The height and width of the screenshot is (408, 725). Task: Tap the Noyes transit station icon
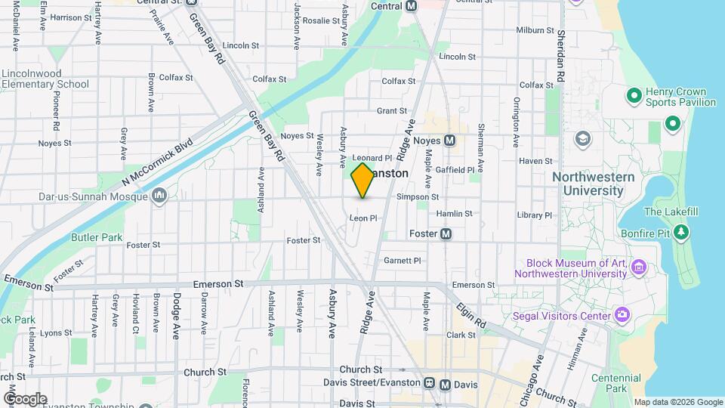pos(449,140)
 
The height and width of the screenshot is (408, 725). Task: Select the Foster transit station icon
pos(446,233)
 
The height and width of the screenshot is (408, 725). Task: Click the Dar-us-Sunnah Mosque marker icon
pos(159,197)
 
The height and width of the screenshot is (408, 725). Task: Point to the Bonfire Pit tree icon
pos(682,231)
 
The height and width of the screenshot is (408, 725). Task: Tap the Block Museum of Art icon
pos(639,267)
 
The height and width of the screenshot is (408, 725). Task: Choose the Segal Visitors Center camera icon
pos(622,314)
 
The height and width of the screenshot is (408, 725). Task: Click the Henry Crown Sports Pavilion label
pos(680,97)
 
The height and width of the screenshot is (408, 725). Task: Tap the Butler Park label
pos(97,237)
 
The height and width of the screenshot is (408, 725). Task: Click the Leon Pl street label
pos(362,218)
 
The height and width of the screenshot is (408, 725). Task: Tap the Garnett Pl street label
pos(403,260)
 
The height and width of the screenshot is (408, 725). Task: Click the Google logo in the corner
pos(24,398)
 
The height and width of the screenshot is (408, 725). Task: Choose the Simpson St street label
pos(418,196)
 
